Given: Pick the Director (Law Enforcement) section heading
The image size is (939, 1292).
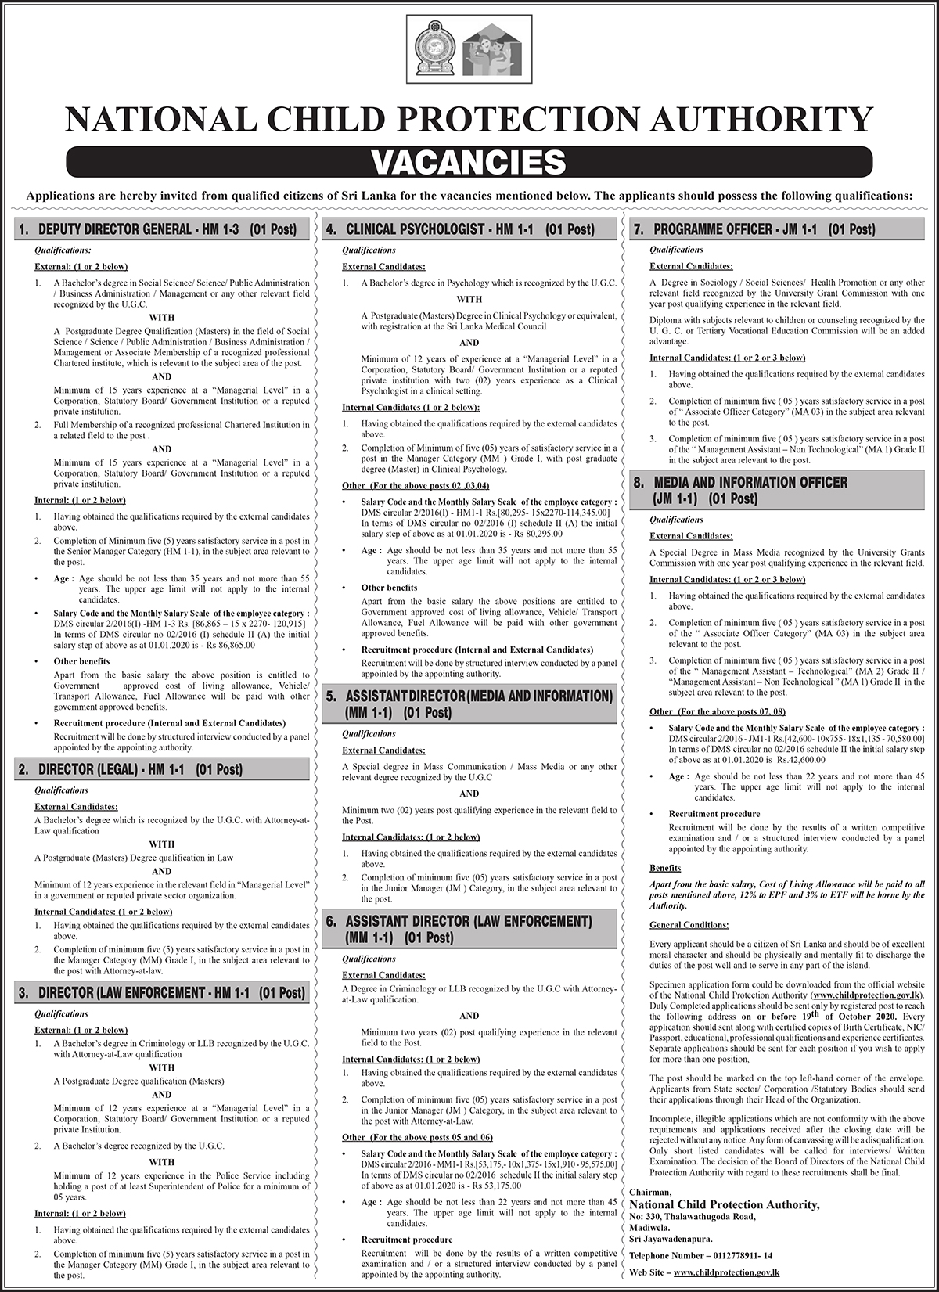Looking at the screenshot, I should [161, 993].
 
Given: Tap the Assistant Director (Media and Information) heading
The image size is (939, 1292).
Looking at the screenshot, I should [469, 704].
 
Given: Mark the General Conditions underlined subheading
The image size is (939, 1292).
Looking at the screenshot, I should [689, 925].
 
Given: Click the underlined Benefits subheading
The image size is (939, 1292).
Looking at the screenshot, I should [665, 868].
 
